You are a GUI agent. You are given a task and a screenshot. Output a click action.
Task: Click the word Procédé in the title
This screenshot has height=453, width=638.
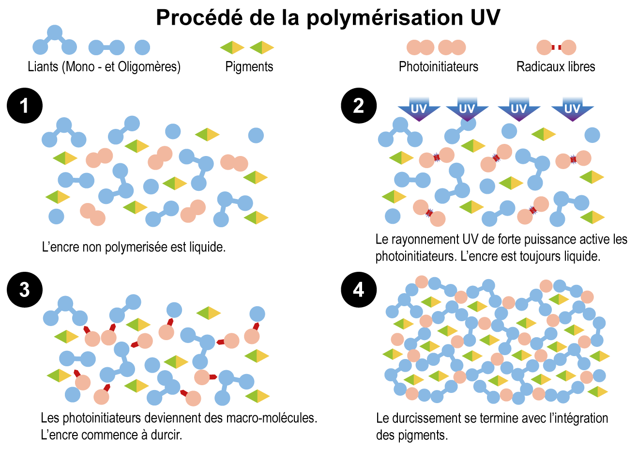pyautogui.click(x=198, y=18)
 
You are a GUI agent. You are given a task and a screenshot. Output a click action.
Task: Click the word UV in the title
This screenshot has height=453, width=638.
pyautogui.click(x=485, y=18)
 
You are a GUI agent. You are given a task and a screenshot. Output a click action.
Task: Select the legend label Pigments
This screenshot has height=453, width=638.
pyautogui.click(x=249, y=67)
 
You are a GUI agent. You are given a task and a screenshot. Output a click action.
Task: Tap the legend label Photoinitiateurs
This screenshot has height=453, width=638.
pyautogui.click(x=438, y=67)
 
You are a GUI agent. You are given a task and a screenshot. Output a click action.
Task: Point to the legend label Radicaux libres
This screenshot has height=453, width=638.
pyautogui.click(x=556, y=67)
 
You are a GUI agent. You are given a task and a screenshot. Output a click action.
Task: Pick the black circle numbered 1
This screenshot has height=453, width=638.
pyautogui.click(x=25, y=106)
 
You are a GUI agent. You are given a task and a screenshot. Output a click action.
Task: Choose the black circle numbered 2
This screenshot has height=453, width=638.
pyautogui.click(x=358, y=106)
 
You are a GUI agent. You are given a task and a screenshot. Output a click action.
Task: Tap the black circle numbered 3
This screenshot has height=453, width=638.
pyautogui.click(x=25, y=290)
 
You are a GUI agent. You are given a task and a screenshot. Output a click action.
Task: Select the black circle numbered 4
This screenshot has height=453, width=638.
pyautogui.click(x=358, y=290)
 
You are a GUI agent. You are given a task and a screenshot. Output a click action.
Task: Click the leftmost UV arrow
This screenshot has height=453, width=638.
pyautogui.click(x=419, y=109)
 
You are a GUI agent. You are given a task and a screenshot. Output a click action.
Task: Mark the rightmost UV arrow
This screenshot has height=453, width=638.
pyautogui.click(x=572, y=109)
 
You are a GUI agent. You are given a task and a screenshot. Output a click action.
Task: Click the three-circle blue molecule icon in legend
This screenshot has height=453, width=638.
pyautogui.click(x=55, y=42)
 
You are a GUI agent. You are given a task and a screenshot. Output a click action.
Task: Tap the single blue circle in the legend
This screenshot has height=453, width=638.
pyautogui.click(x=142, y=47)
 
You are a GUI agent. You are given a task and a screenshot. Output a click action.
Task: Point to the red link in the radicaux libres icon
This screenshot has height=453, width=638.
pyautogui.click(x=557, y=47)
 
